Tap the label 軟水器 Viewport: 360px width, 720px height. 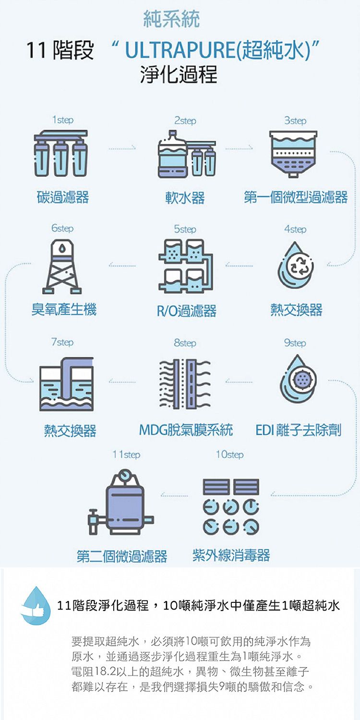coord(185,197)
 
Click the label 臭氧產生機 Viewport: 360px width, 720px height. coord(64,310)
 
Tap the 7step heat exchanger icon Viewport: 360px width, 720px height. coord(66,384)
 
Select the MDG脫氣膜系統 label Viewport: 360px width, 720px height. coord(186,430)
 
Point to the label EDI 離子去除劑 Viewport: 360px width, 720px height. coord(298,430)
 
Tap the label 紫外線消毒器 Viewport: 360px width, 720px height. coord(231,555)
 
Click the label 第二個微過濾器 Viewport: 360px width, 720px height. coord(122,556)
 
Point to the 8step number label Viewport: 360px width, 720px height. coord(185,343)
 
